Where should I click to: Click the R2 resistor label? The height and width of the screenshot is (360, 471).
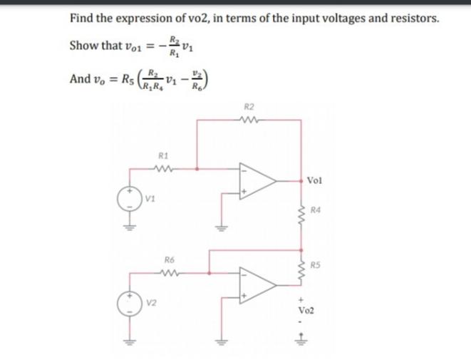click(x=248, y=107)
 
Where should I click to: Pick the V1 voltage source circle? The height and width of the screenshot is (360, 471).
click(x=130, y=198)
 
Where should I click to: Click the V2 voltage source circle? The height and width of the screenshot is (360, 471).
click(x=130, y=299)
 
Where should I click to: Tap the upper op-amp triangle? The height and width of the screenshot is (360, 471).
click(x=257, y=182)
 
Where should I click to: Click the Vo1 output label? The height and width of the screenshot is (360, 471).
click(x=316, y=182)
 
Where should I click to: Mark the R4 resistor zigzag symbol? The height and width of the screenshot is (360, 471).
click(x=300, y=212)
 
